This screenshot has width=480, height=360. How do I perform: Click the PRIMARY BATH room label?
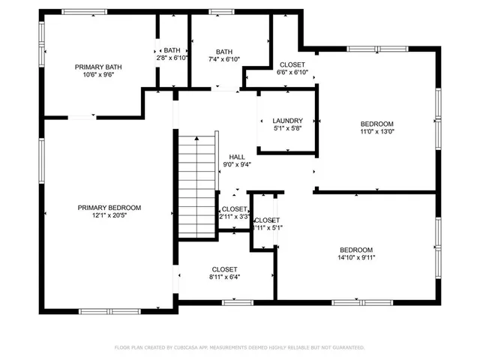[98, 67]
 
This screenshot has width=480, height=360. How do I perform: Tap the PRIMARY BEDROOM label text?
[109, 208]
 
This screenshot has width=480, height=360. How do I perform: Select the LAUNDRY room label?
[287, 121]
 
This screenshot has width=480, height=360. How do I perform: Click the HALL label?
[237, 157]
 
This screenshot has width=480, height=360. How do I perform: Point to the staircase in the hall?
[197, 184]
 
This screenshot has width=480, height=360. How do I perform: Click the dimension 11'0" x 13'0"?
[376, 132]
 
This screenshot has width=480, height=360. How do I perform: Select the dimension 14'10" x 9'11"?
[355, 258]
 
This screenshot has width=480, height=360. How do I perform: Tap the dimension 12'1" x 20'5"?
[109, 216]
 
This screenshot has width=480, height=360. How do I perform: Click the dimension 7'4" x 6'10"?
[224, 59]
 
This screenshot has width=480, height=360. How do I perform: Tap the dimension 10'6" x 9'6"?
[98, 76]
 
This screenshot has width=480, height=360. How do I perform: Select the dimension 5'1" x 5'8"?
[287, 129]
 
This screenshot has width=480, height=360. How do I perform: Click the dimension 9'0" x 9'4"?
[237, 165]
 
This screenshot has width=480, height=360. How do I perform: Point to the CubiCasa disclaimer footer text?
[239, 347]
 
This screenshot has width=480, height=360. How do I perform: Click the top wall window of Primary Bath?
[84, 11]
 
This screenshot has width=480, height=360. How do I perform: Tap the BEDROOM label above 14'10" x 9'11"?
[355, 250]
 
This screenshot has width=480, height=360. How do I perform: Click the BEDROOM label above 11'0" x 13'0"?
[376, 124]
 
